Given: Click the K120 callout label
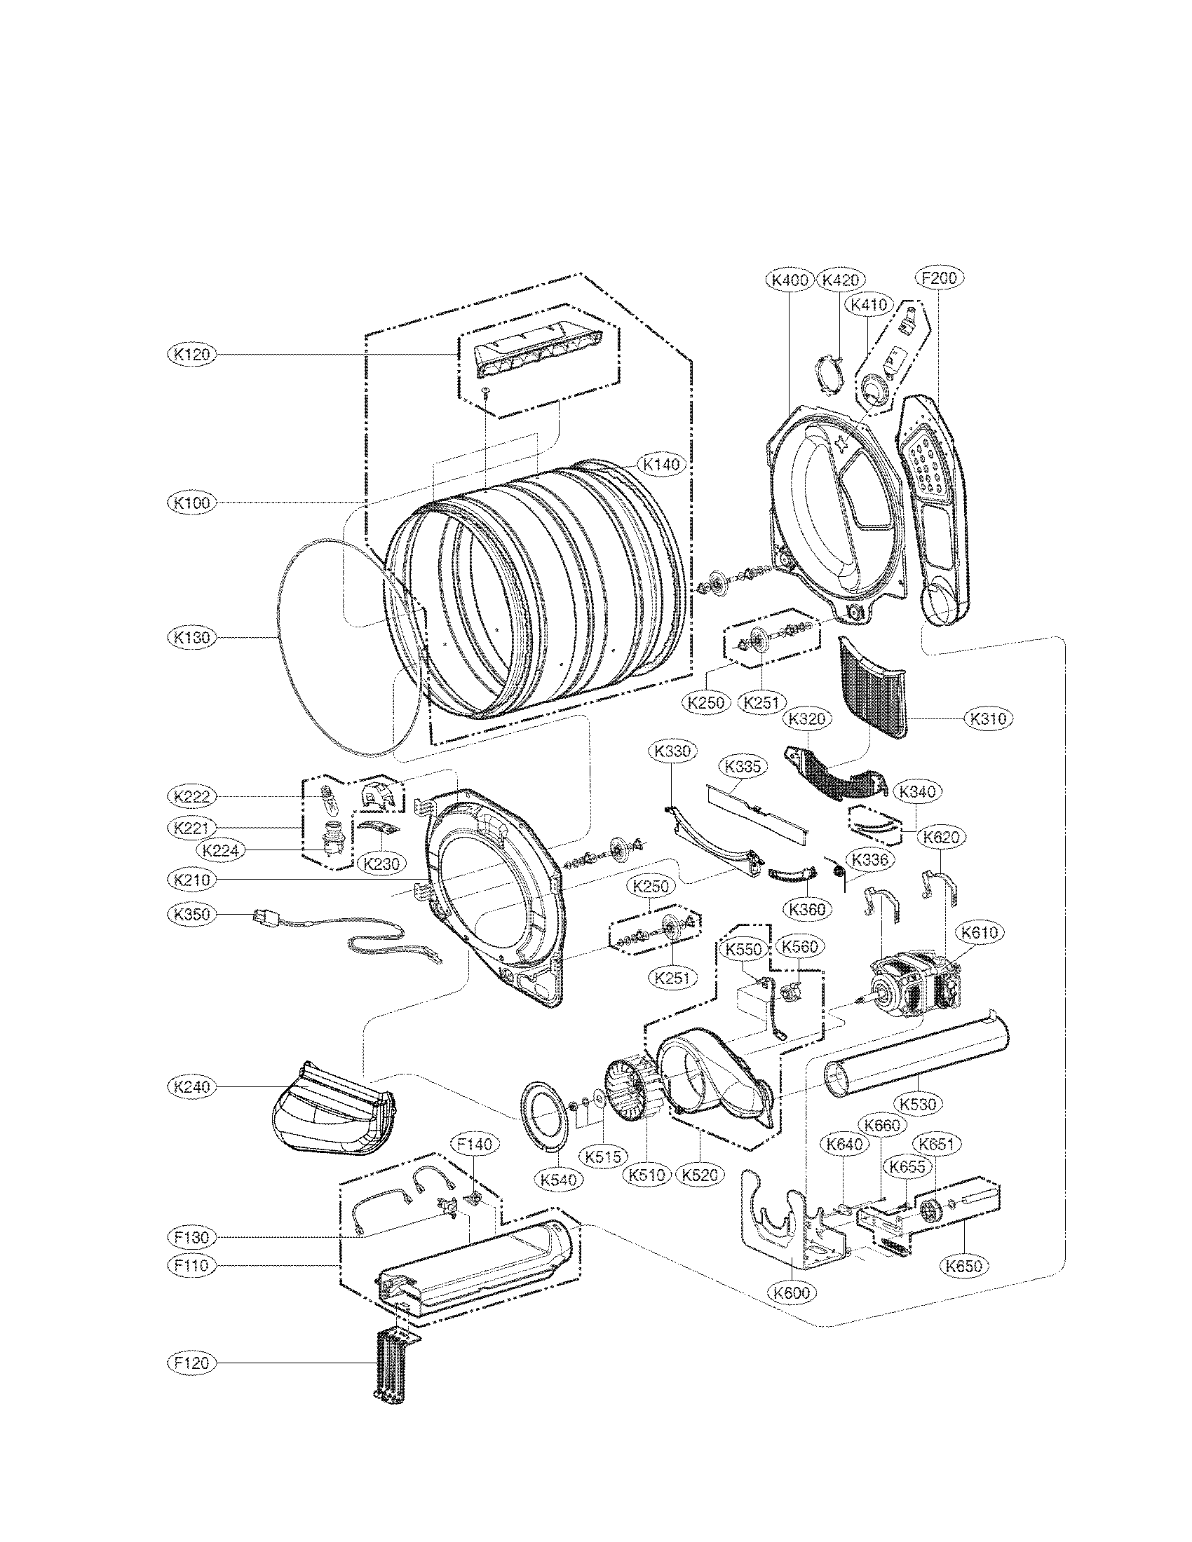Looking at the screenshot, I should [x=192, y=354].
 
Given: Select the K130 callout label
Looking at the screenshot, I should [x=192, y=638].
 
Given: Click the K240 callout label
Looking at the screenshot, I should [x=192, y=1086].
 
